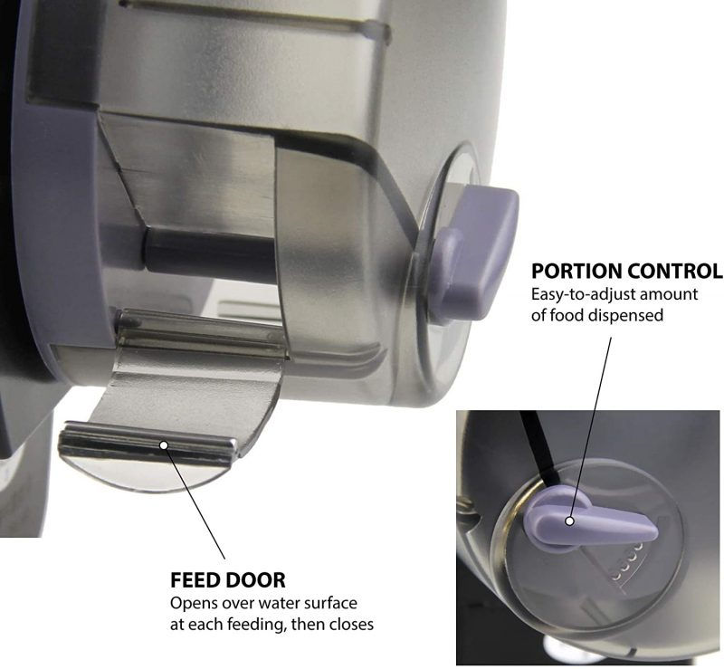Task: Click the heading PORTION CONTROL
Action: tap(626, 271)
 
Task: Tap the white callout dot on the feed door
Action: tap(163, 444)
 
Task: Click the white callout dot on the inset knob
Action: tap(571, 521)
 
